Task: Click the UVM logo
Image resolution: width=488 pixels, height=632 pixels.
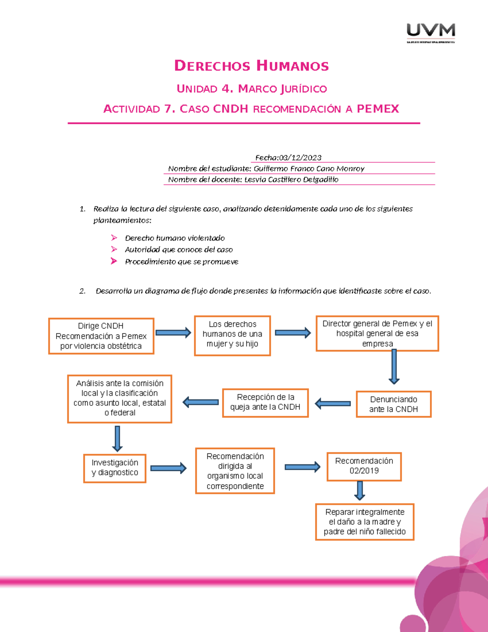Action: coord(431,33)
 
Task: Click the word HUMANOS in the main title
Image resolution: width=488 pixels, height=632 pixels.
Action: coord(292,66)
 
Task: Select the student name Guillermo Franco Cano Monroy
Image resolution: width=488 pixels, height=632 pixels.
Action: coord(309,168)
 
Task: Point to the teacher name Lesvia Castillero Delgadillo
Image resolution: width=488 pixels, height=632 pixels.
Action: coord(291,179)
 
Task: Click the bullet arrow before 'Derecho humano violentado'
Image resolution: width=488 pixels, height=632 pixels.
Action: coord(114,238)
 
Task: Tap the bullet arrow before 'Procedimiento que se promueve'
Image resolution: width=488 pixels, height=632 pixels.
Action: coord(114,261)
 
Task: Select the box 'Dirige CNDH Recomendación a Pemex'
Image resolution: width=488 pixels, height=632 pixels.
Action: coord(101,336)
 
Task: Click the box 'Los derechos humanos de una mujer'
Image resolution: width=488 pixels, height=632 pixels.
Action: coord(232,336)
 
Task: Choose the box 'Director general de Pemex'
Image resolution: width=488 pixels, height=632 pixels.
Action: coord(377,333)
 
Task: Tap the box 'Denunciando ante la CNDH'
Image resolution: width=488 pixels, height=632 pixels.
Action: coord(393,404)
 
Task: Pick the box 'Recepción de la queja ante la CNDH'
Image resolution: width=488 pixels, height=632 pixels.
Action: coord(265,402)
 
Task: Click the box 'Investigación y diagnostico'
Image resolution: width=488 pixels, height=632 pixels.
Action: coord(115,468)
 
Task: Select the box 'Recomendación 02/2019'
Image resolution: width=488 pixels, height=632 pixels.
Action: coord(364,466)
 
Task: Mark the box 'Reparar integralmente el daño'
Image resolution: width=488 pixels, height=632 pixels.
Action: coord(364,522)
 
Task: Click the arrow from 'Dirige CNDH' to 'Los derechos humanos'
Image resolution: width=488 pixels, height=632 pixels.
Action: coord(173,333)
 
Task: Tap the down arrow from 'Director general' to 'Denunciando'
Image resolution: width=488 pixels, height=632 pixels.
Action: coord(394,367)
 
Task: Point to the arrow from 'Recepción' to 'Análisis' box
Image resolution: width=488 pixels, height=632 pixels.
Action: coord(201,402)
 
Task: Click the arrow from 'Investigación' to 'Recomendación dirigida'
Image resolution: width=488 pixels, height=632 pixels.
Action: coord(168,468)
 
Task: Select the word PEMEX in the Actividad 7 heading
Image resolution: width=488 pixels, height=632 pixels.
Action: coord(378,109)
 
